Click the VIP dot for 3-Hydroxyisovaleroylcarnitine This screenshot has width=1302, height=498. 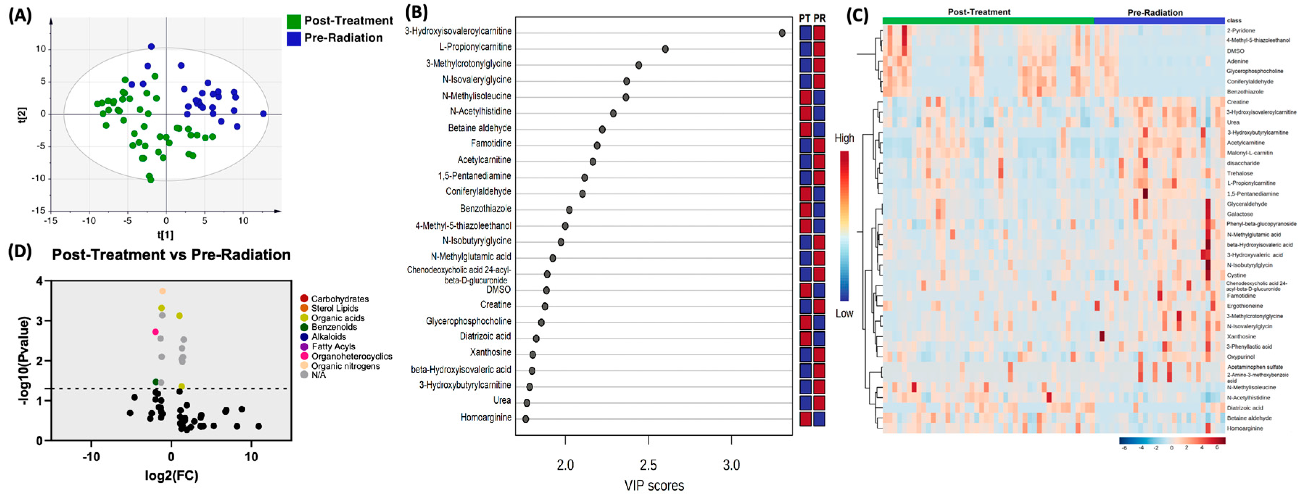point(782,33)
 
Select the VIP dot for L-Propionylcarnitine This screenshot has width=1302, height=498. point(665,49)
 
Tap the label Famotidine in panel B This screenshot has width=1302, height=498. point(491,144)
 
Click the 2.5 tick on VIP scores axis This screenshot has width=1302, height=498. point(648,465)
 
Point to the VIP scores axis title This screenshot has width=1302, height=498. point(654,485)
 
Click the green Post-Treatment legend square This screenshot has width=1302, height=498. point(294,21)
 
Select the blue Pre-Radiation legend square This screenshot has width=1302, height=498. point(294,38)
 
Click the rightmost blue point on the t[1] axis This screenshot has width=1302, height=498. point(263,114)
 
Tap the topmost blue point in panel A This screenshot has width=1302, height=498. point(151,46)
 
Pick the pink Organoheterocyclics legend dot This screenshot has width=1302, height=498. point(304,356)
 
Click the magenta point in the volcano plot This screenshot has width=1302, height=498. point(155,332)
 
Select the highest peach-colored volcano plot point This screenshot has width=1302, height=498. point(162,291)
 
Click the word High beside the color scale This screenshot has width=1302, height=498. point(844,138)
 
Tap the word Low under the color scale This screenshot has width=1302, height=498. point(844,314)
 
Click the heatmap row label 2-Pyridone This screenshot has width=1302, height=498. point(1240,30)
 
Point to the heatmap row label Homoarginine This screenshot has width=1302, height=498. point(1244,428)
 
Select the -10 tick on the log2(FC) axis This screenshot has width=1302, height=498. point(91,457)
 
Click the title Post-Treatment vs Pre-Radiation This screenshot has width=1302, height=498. point(171,254)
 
